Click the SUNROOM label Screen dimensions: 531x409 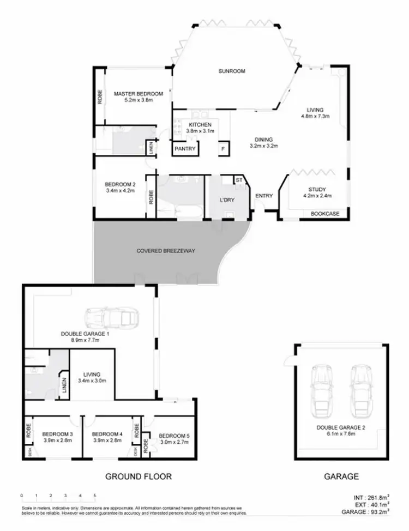pyautogui.click(x=232, y=71)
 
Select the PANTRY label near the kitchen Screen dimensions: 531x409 pyautogui.click(x=185, y=148)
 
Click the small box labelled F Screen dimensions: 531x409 pyautogui.click(x=222, y=148)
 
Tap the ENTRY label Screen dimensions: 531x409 pyautogui.click(x=264, y=196)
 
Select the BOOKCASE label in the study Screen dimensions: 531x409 pyautogui.click(x=325, y=214)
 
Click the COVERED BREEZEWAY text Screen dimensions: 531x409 pyautogui.click(x=166, y=251)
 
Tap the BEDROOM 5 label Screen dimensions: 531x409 pyautogui.click(x=175, y=436)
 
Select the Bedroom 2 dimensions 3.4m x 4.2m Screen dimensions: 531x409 pyautogui.click(x=119, y=191)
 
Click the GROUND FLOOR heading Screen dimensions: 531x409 pyautogui.click(x=138, y=476)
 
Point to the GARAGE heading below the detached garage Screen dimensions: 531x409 pyautogui.click(x=341, y=476)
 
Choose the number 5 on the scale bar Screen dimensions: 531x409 pyautogui.click(x=95, y=496)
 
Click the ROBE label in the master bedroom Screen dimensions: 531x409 pyautogui.click(x=100, y=98)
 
